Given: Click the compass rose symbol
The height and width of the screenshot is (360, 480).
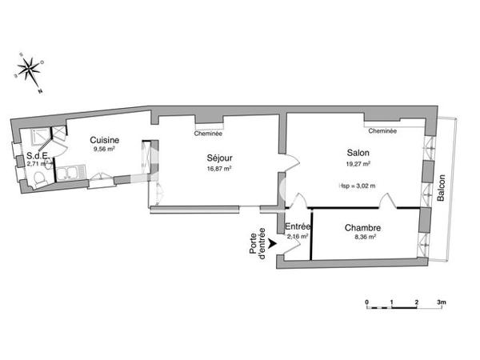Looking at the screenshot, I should pyautogui.click(x=30, y=70).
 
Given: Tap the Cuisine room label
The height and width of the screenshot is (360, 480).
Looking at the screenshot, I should pyautogui.click(x=105, y=139).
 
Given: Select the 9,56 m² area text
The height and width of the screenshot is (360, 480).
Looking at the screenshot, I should pyautogui.click(x=105, y=149).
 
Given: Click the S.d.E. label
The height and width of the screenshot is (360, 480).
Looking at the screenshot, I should pyautogui.click(x=38, y=156).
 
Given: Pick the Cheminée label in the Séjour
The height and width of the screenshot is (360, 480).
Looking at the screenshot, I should pyautogui.click(x=209, y=134).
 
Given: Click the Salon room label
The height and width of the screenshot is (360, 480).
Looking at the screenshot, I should pyautogui.click(x=358, y=153).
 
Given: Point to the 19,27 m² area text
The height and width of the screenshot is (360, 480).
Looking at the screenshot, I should pyautogui.click(x=358, y=163).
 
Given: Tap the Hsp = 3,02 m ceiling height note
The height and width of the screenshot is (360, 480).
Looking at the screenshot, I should pyautogui.click(x=358, y=186).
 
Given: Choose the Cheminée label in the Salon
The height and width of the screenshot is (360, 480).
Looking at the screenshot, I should pyautogui.click(x=382, y=130).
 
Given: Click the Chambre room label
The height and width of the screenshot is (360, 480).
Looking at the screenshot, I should pyautogui.click(x=362, y=228).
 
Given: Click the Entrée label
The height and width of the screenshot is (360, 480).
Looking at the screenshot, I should pyautogui.click(x=298, y=227).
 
